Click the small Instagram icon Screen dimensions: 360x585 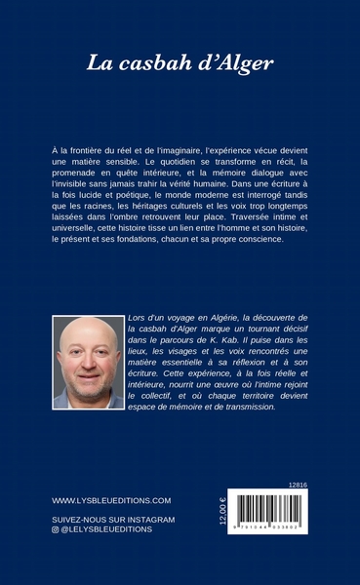55,530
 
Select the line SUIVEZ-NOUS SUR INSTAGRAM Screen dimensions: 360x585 107,520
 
